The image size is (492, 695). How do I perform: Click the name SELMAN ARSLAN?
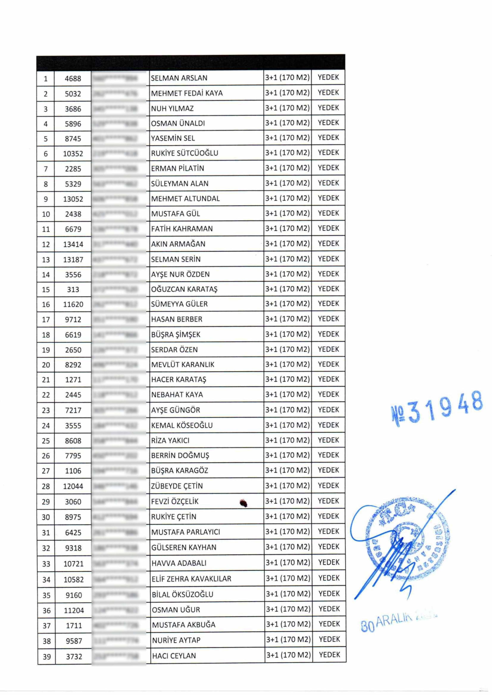click(179, 78)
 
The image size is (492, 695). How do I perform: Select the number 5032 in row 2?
click(73, 94)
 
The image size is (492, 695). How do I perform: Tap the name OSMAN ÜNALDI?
click(178, 123)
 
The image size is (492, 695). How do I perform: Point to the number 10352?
click(73, 154)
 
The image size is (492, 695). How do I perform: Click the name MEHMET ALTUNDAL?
click(185, 199)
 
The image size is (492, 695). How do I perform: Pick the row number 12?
click(46, 244)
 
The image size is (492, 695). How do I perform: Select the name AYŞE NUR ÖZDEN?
click(180, 274)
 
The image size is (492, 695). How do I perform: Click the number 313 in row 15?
click(73, 289)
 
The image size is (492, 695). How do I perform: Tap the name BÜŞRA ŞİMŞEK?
click(176, 335)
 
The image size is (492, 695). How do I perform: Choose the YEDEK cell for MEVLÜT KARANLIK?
click(328, 364)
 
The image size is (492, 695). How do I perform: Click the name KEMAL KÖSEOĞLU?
click(182, 425)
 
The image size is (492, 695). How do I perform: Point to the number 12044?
click(73, 486)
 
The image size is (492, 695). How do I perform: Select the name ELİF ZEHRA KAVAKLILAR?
click(191, 579)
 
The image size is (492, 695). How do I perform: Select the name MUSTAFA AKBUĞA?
click(184, 625)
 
